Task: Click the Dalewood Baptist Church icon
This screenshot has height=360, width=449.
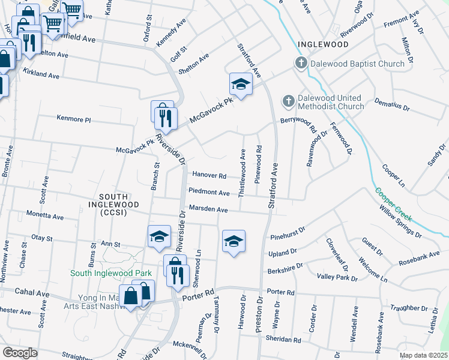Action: [301, 63]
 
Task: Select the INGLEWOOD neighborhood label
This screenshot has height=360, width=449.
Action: [322, 44]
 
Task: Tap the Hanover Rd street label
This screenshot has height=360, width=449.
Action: [209, 176]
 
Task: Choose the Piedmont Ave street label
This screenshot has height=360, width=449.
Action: [209, 193]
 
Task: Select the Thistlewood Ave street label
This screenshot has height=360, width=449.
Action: [243, 173]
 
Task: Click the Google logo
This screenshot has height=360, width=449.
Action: [20, 353]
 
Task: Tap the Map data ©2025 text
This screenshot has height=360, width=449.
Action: [423, 355]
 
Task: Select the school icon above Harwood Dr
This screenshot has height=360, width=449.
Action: [234, 241]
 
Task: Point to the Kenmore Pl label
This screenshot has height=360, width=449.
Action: [73, 119]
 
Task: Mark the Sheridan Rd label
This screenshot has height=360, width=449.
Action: [283, 340]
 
